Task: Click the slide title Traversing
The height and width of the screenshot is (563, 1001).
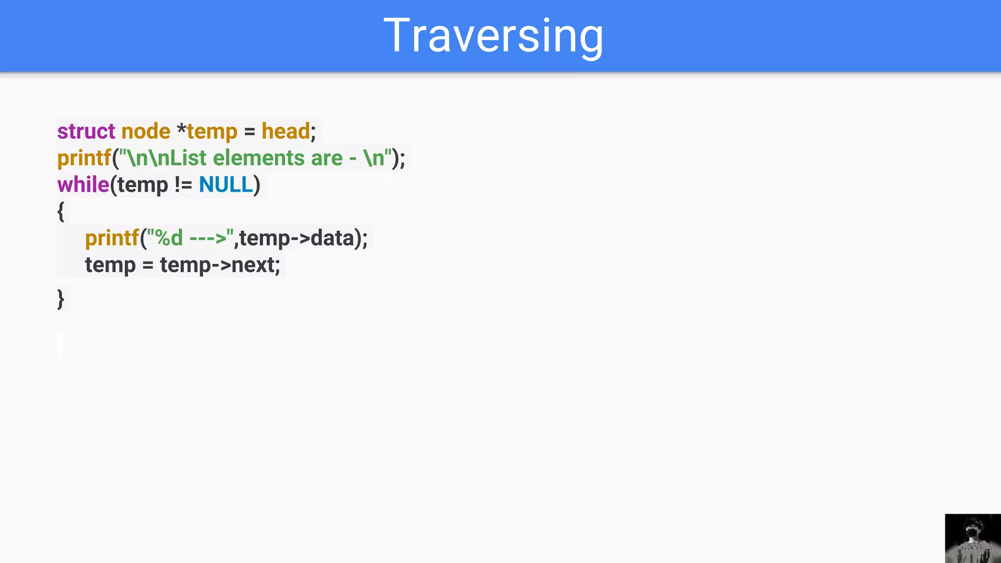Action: pos(494,35)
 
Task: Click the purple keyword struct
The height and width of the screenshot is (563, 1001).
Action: pos(86,131)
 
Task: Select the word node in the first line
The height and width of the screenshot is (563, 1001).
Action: pos(146,131)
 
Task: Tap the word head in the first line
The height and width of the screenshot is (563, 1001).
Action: pos(285,131)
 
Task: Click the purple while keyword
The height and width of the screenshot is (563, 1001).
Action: pos(83,185)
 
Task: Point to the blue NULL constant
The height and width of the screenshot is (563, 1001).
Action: pos(226,185)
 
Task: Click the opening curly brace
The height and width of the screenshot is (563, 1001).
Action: pos(61,212)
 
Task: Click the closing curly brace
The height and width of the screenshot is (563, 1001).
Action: pos(61,299)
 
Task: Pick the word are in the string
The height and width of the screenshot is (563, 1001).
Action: pos(326,158)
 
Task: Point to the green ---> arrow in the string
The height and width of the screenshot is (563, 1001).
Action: pos(208,238)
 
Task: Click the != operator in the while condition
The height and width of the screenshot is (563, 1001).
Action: pos(183,185)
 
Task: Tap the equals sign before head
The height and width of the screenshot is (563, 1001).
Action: pos(249,131)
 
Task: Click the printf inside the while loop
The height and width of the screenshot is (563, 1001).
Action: pos(112,238)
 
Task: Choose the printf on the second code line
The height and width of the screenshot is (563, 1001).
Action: pos(84,158)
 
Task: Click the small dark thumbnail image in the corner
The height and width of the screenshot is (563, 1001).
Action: pos(973,538)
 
